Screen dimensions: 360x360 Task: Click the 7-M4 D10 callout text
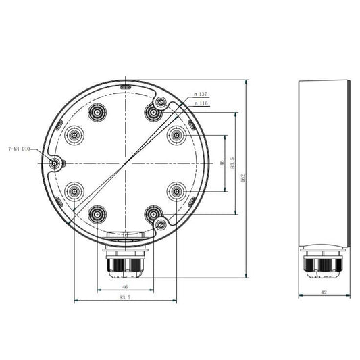coord(18,149)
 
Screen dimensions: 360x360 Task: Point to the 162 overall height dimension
coord(242,176)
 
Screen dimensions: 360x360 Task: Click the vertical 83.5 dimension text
coord(232,163)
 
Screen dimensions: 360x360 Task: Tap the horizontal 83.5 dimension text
coord(124,297)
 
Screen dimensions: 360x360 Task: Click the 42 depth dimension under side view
coord(324,292)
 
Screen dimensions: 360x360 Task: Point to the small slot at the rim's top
coord(124,86)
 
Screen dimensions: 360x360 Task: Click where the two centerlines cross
coord(124,163)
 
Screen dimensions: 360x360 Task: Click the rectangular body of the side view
coord(324,162)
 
